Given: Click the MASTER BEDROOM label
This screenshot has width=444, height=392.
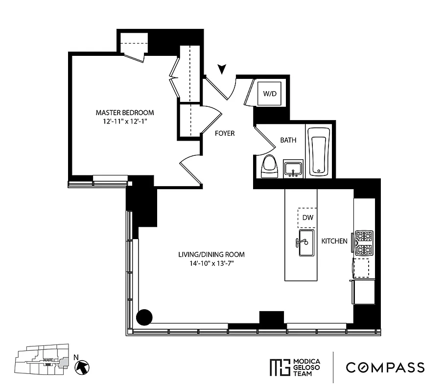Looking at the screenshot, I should tap(125, 112).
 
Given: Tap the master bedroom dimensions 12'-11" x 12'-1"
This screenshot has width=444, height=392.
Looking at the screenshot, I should tap(125, 121).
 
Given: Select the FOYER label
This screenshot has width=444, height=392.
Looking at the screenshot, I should tap(225, 133).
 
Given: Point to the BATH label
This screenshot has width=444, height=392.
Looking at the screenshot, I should tap(288, 140).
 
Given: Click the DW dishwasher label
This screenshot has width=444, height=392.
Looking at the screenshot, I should tap(307, 218).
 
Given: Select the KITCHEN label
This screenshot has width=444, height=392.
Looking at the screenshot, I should tap(334, 241).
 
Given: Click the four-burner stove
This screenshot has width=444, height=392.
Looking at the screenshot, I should tap(364, 244).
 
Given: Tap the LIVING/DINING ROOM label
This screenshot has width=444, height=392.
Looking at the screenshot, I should tap(211, 254).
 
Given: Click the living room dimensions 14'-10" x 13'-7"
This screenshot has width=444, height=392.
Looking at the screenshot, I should tap(211, 264).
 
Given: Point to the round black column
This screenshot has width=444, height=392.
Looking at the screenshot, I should tap(144, 317).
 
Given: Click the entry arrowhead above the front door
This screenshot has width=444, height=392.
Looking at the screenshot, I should tap(223, 70).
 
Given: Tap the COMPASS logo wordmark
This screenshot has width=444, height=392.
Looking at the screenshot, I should tap(385, 367).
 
